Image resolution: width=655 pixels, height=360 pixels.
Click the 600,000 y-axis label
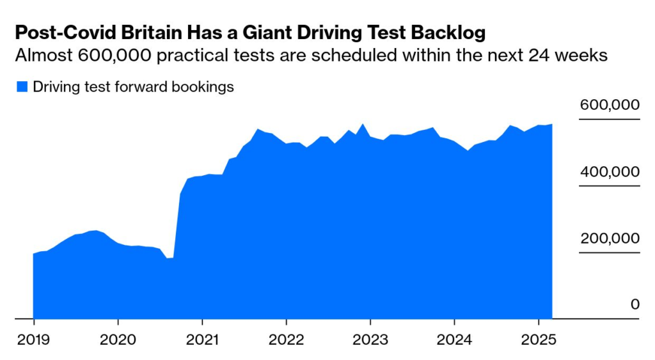click(x=609, y=106)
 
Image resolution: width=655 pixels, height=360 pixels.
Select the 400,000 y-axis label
click(x=609, y=172)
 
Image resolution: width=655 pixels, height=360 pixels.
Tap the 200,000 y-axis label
click(x=609, y=239)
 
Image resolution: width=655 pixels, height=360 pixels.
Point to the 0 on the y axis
click(x=635, y=304)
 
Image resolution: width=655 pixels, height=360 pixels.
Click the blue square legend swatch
click(x=22, y=87)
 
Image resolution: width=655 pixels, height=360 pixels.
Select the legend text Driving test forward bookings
click(x=133, y=87)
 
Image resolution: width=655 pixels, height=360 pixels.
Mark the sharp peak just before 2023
click(x=363, y=125)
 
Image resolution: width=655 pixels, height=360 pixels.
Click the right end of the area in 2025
click(x=551, y=125)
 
